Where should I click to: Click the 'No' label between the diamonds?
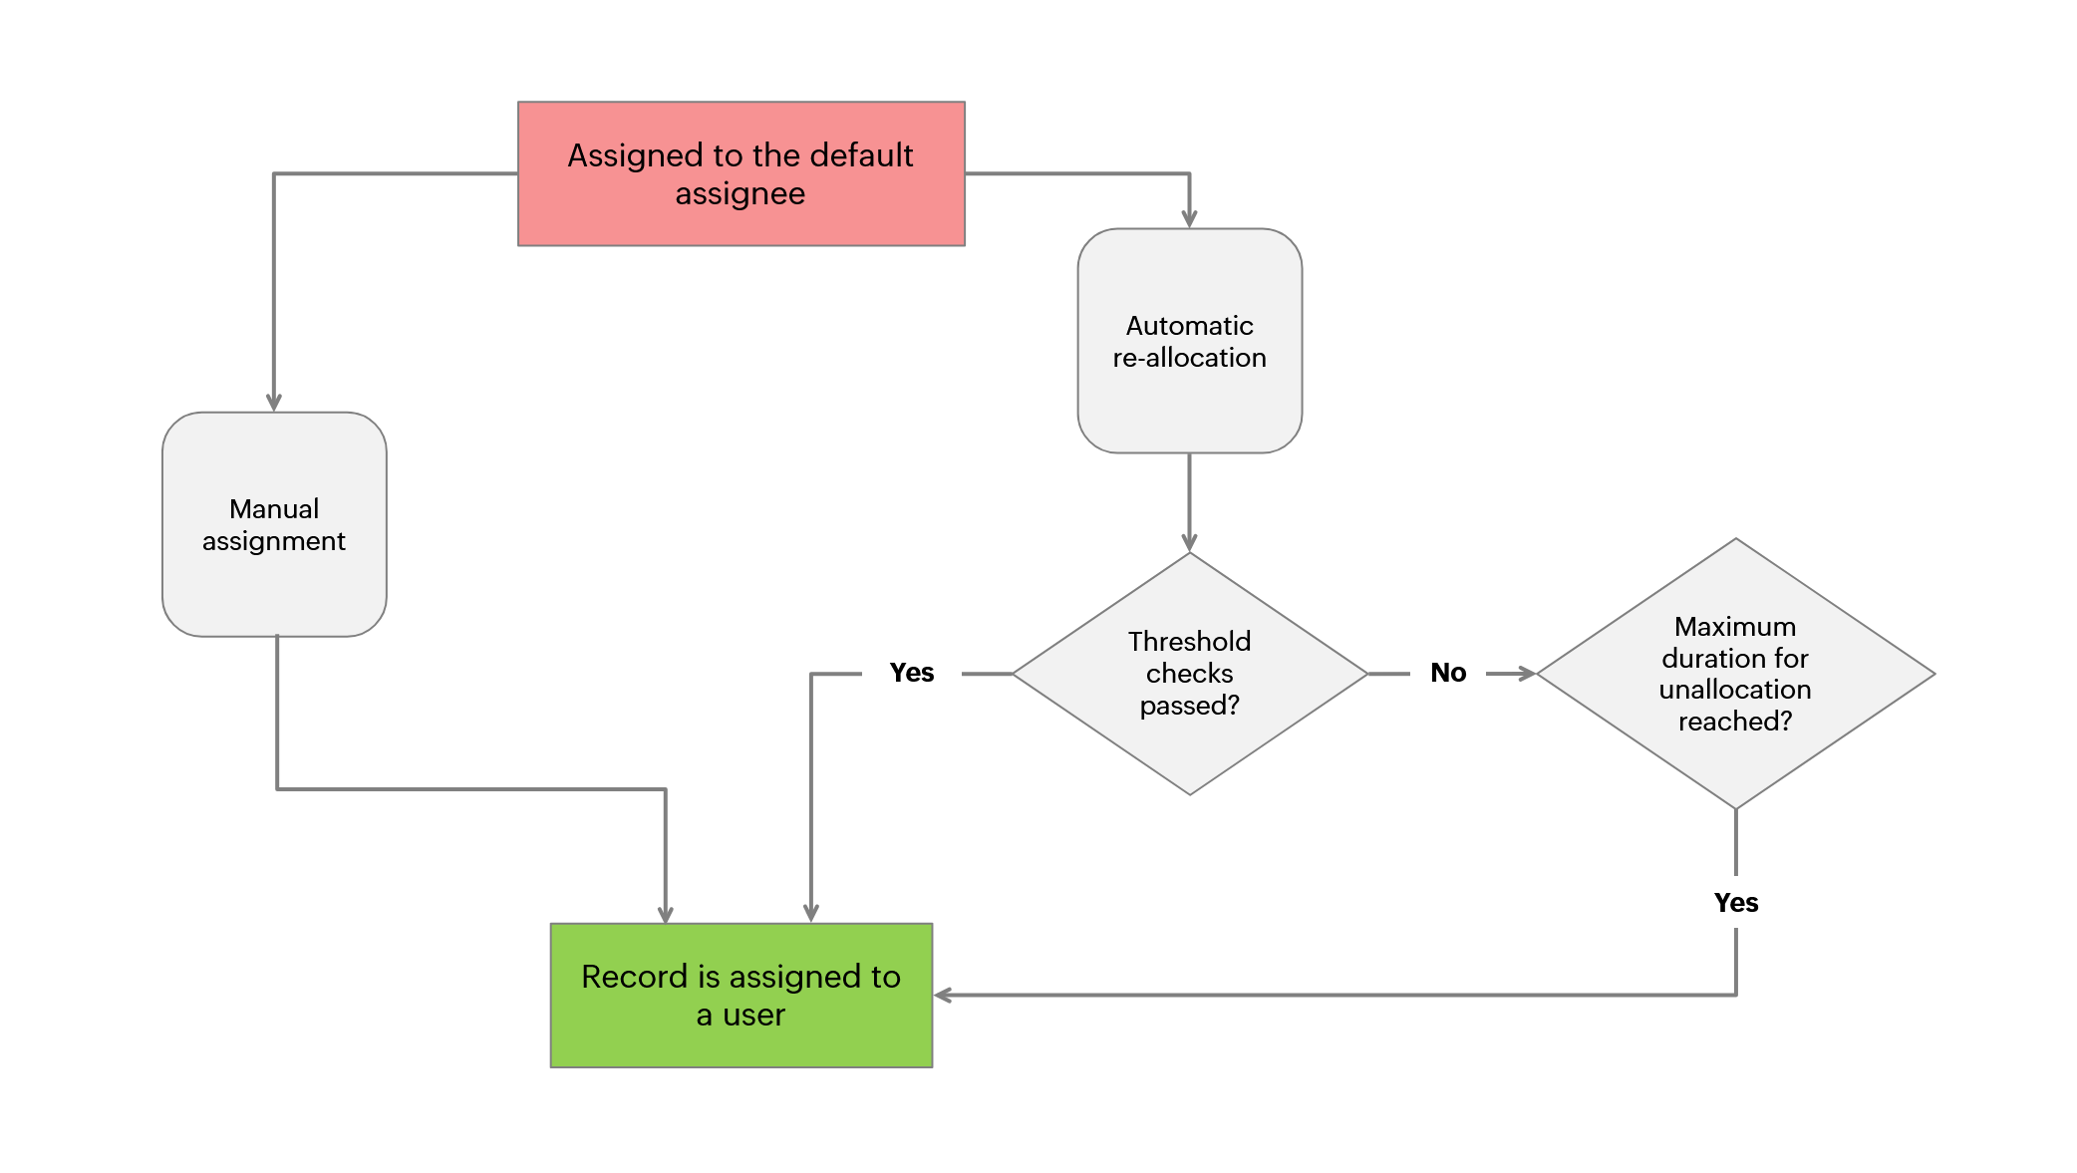1448,673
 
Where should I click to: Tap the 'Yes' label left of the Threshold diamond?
911,673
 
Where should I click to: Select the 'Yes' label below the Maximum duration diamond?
1735,903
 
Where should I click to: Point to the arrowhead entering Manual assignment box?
274,403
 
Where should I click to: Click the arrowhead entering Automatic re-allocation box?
1189,219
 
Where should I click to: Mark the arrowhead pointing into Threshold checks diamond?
1189,542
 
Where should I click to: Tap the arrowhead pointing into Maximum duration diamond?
1527,674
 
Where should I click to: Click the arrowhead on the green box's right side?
943,995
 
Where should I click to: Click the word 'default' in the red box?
861,155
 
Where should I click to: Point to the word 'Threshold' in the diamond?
1189,641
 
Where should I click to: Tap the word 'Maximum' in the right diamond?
1735,626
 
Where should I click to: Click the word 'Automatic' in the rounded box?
1189,326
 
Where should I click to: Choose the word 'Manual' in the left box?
274,509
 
